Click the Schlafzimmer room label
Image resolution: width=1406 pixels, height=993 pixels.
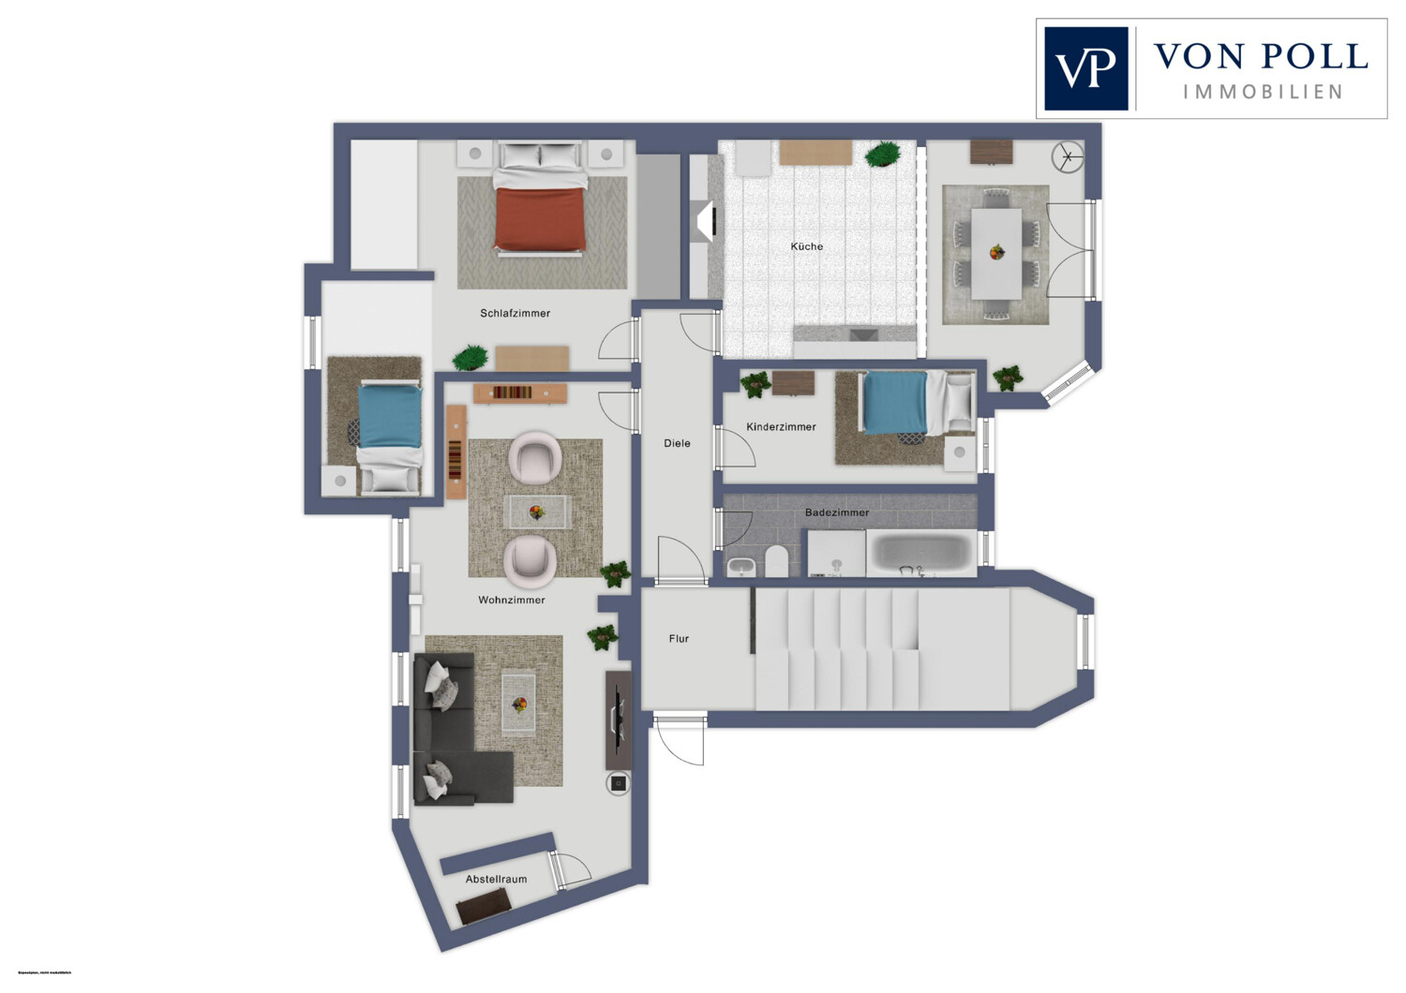(515, 313)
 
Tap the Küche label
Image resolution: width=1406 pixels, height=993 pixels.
(806, 246)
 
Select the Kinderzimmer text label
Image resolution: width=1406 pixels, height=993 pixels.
(781, 426)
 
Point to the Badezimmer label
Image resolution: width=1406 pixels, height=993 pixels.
(837, 512)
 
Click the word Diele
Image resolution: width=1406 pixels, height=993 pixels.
(677, 443)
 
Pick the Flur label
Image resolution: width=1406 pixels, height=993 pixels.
(679, 639)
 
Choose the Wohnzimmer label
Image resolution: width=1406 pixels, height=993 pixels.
(511, 600)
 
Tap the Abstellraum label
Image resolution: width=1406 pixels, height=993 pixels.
(496, 879)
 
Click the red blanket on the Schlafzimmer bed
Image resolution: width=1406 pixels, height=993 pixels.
(540, 218)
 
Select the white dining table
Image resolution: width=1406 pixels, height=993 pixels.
(996, 253)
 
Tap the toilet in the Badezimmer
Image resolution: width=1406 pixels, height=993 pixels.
(777, 562)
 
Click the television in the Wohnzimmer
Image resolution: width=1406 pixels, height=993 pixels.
(618, 717)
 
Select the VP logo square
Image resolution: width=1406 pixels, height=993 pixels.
(1085, 68)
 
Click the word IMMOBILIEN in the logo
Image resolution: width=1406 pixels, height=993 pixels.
(1262, 92)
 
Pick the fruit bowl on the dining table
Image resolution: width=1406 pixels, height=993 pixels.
(996, 251)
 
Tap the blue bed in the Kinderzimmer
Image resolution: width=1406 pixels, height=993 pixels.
(895, 403)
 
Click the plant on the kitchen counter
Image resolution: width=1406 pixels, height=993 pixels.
(882, 155)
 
